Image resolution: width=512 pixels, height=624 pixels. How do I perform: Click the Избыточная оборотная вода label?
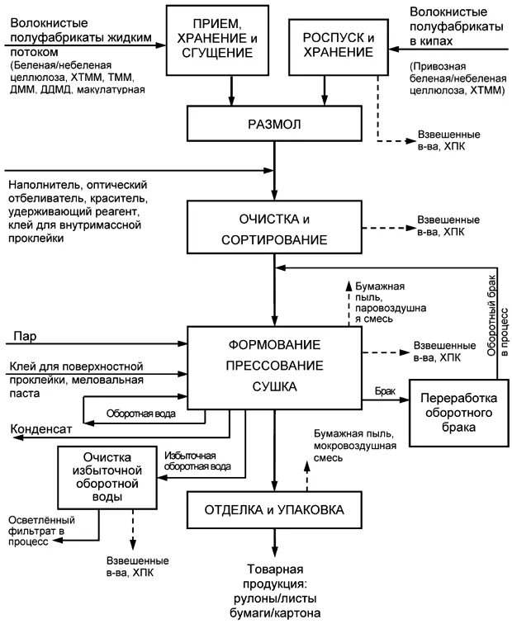pos(197,461)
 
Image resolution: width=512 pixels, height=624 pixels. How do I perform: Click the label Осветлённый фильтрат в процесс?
pos(41,528)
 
